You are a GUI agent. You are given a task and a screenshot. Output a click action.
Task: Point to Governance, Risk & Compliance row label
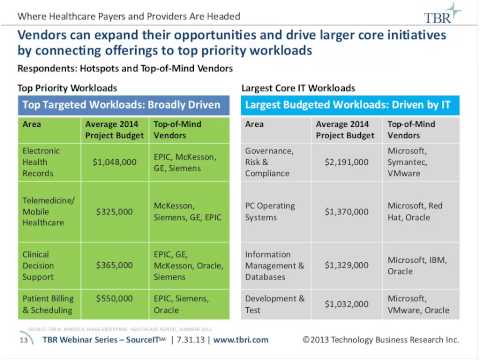click(272, 160)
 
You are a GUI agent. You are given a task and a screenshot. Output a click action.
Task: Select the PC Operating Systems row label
click(272, 212)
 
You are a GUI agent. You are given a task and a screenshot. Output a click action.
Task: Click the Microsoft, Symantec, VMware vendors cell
click(423, 160)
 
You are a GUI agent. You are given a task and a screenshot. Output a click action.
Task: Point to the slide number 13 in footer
click(23, 340)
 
